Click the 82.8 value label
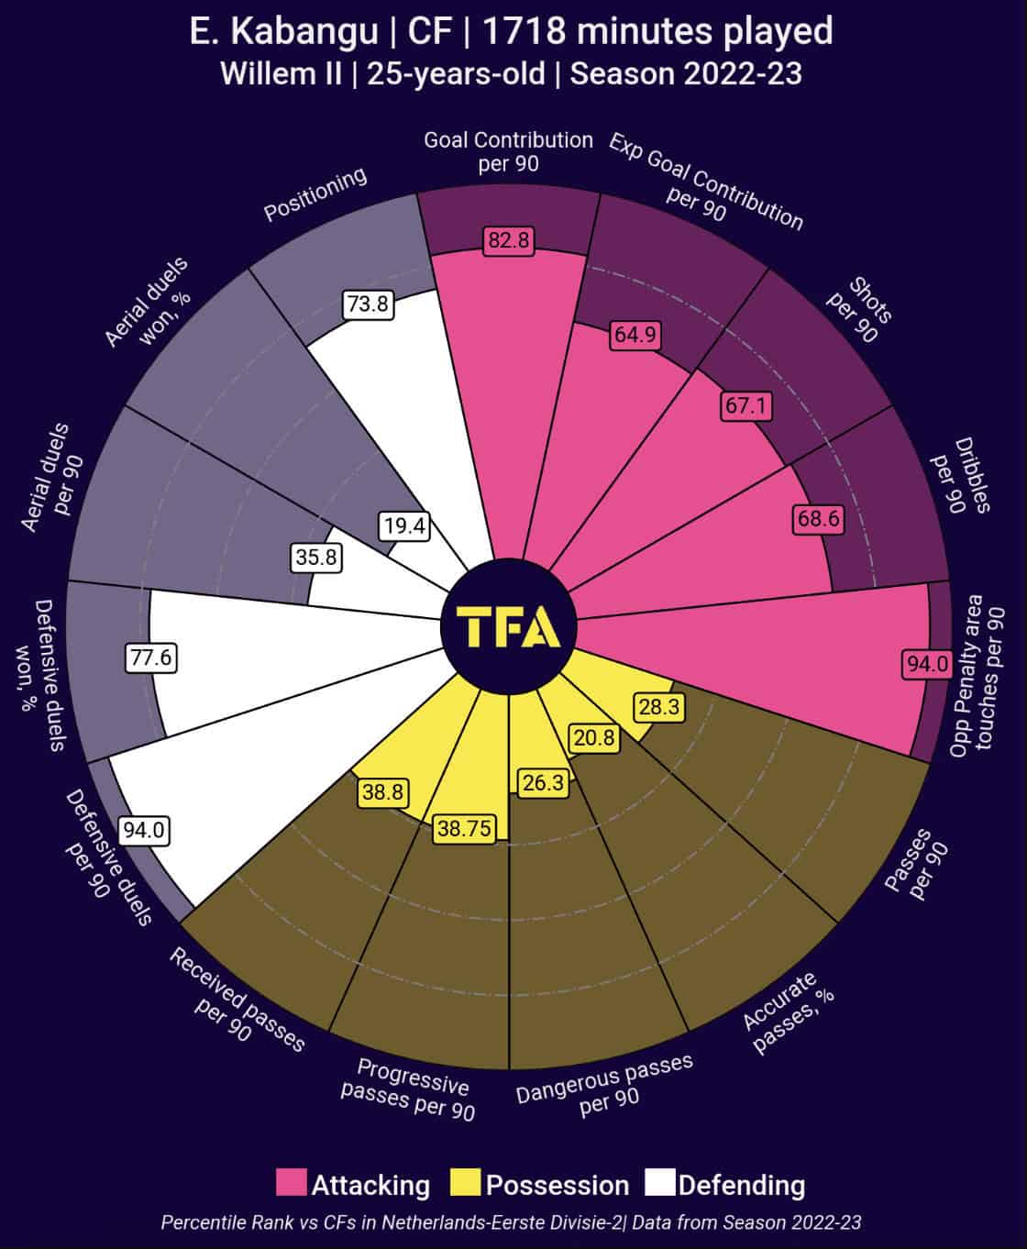click(509, 240)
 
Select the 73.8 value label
click(368, 304)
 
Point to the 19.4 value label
click(404, 525)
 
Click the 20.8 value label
click(593, 736)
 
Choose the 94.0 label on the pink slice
click(928, 664)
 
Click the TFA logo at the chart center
click(508, 627)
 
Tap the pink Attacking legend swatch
click(291, 1183)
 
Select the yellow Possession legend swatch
click(466, 1183)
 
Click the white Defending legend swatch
click(659, 1183)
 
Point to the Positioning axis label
click(315, 193)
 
